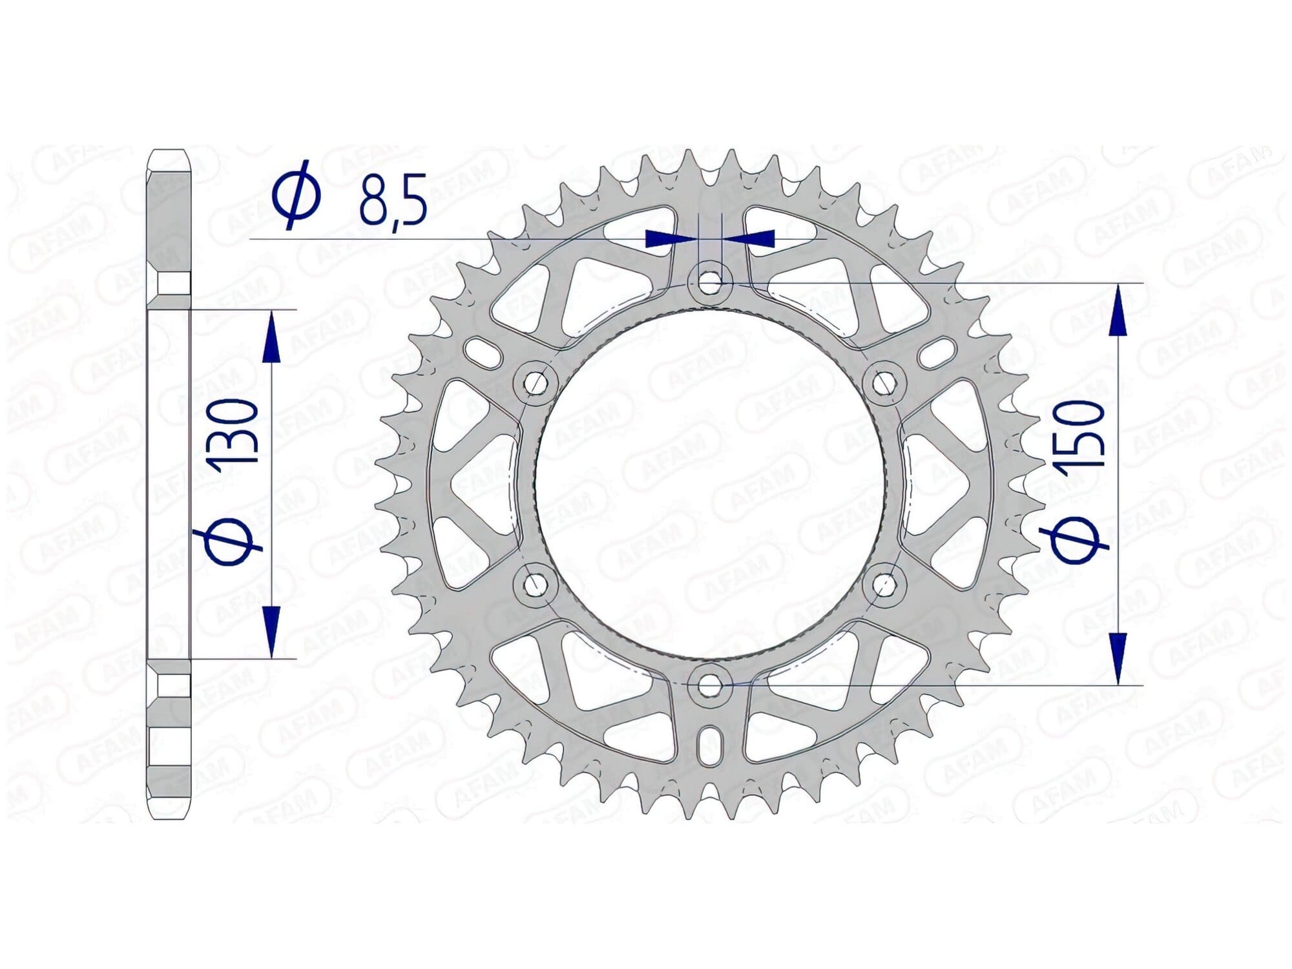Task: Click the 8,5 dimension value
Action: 392,198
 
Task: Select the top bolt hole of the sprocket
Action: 709,283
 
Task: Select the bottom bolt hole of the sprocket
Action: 709,684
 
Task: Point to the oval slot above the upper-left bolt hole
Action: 484,352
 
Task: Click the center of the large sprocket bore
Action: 709,484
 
